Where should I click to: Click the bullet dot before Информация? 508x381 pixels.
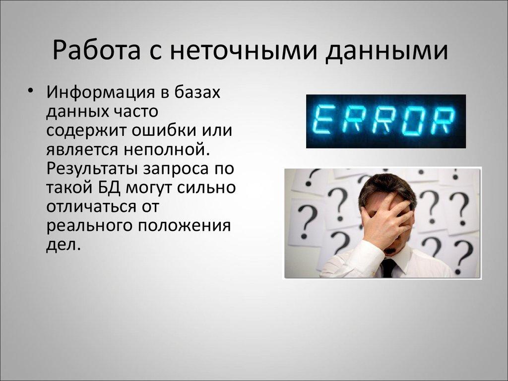tap(31, 92)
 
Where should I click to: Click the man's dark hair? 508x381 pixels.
tap(387, 186)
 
